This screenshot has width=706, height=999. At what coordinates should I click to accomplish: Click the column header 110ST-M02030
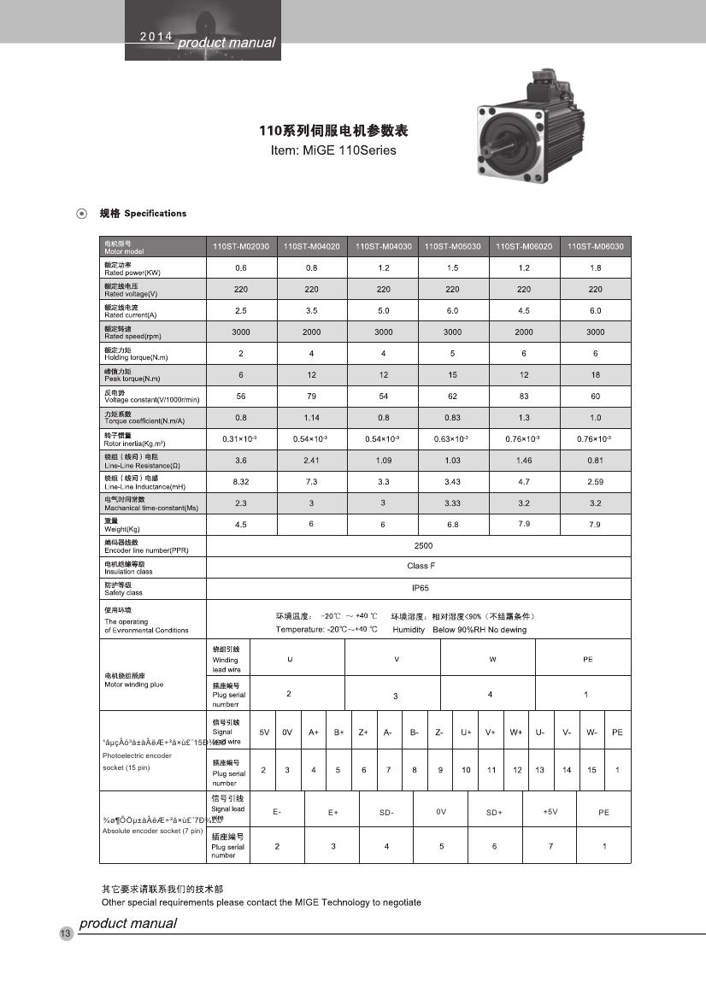pos(241,246)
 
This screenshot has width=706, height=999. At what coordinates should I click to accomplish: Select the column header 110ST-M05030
pos(453,246)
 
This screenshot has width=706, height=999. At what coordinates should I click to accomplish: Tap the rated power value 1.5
pos(453,267)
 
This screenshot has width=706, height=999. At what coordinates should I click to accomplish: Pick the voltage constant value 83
pos(524,396)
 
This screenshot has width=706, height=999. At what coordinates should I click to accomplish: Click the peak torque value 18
pos(596,374)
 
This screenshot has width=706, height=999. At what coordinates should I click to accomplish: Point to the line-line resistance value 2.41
pos(312,460)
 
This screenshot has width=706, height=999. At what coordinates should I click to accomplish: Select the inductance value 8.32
pos(241,482)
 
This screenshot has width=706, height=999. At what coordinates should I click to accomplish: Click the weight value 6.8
pos(453,525)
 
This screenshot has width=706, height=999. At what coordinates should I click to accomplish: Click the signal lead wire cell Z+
pos(363,732)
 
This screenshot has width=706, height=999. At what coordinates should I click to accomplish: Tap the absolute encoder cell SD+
pos(494,812)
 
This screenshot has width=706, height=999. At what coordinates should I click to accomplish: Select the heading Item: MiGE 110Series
pos(332,150)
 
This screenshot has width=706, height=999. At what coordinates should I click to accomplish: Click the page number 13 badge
pos(65,933)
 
